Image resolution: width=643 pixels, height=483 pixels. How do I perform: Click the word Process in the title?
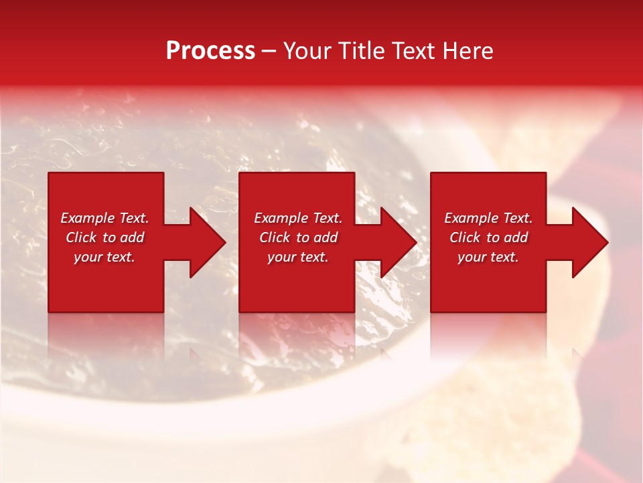pos(210,51)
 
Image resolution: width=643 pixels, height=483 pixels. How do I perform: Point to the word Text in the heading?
pos(415,51)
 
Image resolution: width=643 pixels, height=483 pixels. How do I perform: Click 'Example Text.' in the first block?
pos(104,218)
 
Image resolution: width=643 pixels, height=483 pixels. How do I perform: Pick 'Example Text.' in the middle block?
pos(298,218)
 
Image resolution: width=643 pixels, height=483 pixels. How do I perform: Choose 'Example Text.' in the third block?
pos(488,218)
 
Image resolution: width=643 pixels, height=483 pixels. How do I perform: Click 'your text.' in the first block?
pos(104,257)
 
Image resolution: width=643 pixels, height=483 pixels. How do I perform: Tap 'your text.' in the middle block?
pos(298,257)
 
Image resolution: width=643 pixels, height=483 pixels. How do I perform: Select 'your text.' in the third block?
pos(488,257)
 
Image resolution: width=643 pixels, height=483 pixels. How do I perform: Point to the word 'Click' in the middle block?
pos(275,237)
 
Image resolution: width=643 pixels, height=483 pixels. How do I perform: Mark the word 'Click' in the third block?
pos(466,237)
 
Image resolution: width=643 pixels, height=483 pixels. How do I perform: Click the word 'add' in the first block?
pos(133,237)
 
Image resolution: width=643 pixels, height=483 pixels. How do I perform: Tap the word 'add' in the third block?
pos(516,237)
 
